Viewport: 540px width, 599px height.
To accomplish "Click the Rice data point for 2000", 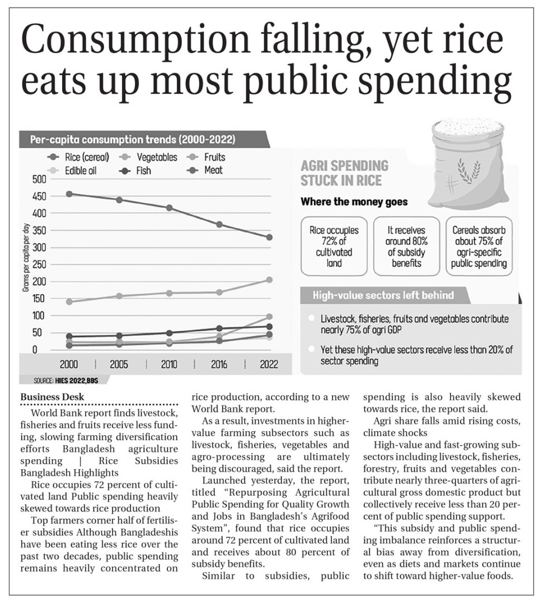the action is [69, 194].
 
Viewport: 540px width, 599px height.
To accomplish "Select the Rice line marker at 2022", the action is [269, 237].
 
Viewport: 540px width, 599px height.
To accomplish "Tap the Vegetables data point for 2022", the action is [269, 280].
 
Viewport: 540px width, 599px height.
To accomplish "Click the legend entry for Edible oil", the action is [72, 171].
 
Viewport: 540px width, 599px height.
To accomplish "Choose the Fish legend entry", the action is [135, 171].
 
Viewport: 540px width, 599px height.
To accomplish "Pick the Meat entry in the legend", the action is [205, 171].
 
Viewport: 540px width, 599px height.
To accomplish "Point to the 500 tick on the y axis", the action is [39, 179].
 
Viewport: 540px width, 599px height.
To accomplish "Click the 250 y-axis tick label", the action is [39, 265].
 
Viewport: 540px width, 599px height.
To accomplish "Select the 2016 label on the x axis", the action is [219, 365].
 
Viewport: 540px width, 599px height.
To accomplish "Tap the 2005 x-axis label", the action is [119, 365].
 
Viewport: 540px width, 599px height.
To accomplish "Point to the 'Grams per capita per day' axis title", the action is [26, 258].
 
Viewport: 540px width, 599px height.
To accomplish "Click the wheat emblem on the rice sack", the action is [468, 172].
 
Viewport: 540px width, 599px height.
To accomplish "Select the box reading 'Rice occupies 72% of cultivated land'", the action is [334, 247].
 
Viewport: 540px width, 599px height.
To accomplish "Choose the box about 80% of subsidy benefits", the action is [407, 247].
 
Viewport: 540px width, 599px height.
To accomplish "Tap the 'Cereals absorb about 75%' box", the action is [479, 247].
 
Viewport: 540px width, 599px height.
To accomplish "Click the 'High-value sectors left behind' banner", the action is [383, 295].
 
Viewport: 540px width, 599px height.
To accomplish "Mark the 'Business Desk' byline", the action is [53, 397].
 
